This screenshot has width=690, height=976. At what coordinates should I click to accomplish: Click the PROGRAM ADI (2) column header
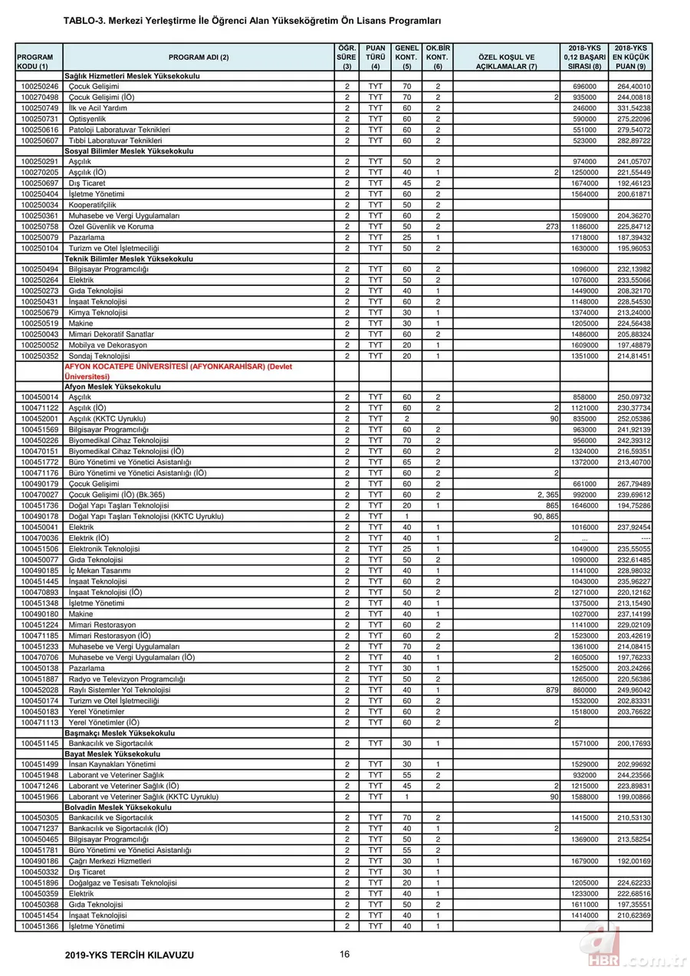(x=199, y=58)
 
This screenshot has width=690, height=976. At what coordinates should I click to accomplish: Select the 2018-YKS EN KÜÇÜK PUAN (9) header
(x=632, y=58)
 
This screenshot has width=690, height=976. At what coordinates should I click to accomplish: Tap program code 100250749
(x=39, y=108)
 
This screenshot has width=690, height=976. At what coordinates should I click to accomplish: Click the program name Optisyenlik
(x=87, y=119)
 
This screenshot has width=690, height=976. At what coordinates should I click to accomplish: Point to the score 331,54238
(x=633, y=108)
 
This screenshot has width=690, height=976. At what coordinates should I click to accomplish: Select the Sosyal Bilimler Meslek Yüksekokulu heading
(x=129, y=151)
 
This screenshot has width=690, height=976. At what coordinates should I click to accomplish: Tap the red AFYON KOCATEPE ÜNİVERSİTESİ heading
(x=177, y=372)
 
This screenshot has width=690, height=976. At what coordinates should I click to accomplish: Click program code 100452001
(x=39, y=419)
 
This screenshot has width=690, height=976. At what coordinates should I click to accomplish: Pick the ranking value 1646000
(x=585, y=505)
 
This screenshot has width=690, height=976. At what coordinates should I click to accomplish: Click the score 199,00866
(x=633, y=797)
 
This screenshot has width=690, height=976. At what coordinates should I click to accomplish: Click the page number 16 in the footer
(x=345, y=954)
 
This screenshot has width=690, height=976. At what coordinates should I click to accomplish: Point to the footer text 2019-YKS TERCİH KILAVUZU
(x=130, y=955)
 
